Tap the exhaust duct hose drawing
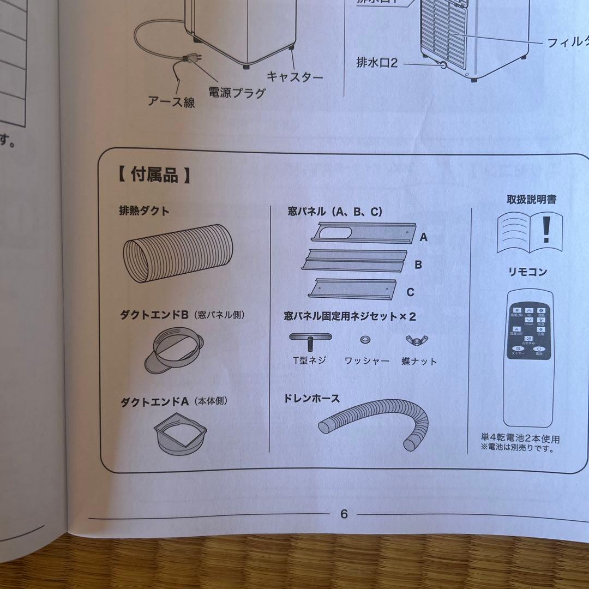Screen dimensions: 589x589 178,253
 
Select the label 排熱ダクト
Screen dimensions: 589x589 145,211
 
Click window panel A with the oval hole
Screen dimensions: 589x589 363,233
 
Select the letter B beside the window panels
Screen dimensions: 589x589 418,265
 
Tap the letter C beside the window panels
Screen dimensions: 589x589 410,292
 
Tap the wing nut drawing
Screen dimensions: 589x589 417,341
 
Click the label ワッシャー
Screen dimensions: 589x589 367,361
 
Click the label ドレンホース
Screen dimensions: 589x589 311,399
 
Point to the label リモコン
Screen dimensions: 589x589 527,272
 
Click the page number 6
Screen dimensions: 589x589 344,514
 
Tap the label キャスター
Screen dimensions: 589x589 294,76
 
